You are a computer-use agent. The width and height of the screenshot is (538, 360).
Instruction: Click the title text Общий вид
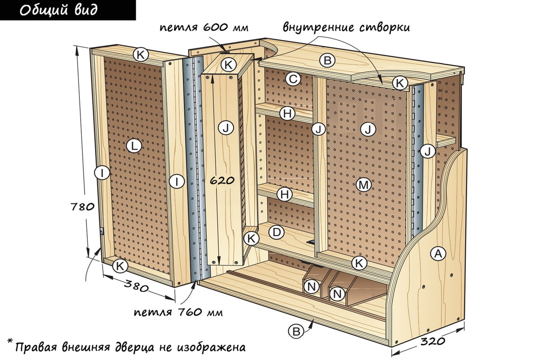(x=59, y=10)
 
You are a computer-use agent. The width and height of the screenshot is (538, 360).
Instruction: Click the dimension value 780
(x=83, y=207)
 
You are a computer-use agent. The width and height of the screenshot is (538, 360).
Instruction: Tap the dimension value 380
(x=136, y=286)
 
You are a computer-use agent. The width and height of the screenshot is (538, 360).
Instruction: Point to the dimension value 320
(x=433, y=341)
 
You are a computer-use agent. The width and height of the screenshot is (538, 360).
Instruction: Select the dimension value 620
(x=222, y=180)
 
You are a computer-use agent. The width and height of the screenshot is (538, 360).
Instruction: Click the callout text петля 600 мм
(x=204, y=28)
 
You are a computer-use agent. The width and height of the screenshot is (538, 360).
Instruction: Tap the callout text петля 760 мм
(x=178, y=312)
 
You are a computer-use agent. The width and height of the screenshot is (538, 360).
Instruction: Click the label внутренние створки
(x=346, y=27)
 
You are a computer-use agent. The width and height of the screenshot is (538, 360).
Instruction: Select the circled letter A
(x=438, y=254)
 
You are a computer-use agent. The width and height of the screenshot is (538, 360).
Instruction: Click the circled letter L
(x=134, y=146)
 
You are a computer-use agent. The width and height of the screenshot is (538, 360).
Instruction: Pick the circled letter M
(x=364, y=185)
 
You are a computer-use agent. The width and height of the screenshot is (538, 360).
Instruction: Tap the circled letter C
(x=293, y=79)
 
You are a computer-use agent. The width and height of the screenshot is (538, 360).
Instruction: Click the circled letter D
(x=277, y=232)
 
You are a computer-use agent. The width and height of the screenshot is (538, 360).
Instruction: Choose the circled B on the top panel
(x=327, y=60)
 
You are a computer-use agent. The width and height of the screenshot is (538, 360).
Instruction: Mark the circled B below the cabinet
(x=296, y=332)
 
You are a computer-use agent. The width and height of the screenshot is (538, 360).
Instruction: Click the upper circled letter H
(x=287, y=113)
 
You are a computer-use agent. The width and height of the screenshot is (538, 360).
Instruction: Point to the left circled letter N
(x=312, y=286)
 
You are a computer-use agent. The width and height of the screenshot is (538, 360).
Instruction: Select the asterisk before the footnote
(x=10, y=341)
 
